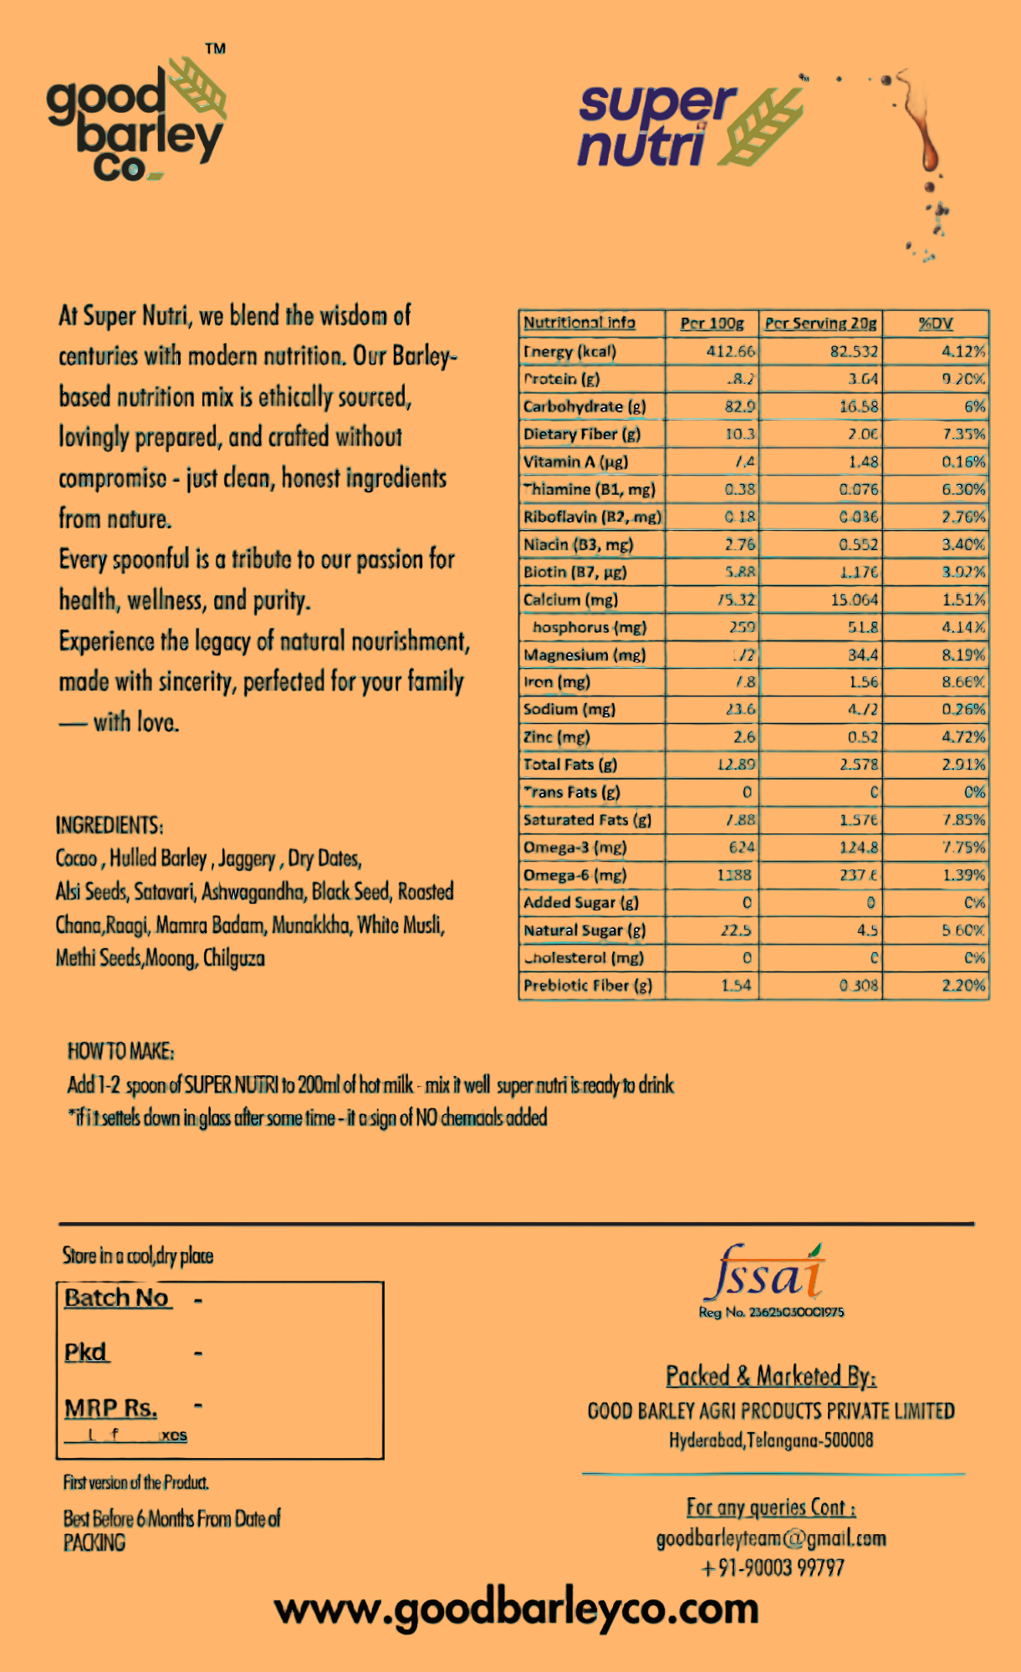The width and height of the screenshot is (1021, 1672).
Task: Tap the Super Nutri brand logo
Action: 690,125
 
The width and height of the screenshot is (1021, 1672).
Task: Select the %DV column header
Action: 936,324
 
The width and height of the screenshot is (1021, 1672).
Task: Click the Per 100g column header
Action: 712,324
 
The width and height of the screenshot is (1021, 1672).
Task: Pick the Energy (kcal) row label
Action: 570,351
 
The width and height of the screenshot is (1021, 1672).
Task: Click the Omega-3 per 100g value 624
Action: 741,848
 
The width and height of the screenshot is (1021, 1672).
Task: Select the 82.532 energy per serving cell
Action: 854,351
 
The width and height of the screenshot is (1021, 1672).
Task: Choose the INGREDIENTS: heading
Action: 110,825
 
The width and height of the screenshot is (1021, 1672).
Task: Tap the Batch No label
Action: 117,1298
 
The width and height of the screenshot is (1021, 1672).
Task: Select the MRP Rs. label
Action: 111,1409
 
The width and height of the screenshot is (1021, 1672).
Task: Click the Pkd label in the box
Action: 86,1353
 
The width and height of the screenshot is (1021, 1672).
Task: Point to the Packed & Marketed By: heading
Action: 771,1376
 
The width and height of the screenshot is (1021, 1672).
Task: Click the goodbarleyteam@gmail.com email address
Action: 771,1538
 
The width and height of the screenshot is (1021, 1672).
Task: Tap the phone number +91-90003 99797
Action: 772,1567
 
